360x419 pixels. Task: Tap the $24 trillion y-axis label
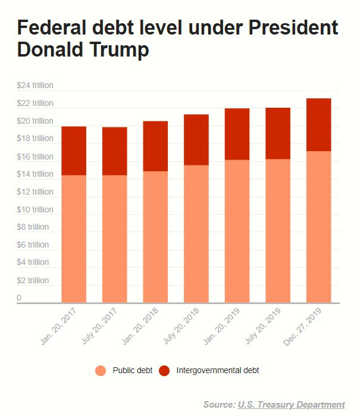35,85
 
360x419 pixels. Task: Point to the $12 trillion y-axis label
35,192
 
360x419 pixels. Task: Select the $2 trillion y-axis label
33,280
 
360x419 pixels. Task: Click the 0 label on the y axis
19,298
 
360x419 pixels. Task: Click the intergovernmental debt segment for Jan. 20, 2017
74,151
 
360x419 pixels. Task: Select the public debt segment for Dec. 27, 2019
318,227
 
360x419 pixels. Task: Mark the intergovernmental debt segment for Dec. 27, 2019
318,124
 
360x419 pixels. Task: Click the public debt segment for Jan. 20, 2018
155,237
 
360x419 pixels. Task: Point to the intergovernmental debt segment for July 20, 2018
196,139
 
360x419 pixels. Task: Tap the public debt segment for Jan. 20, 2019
237,231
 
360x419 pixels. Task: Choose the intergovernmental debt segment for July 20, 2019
278,133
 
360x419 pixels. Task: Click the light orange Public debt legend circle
101,371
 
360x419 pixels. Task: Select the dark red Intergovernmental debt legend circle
165,371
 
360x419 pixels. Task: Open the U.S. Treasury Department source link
291,405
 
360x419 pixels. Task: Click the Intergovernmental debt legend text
217,371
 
